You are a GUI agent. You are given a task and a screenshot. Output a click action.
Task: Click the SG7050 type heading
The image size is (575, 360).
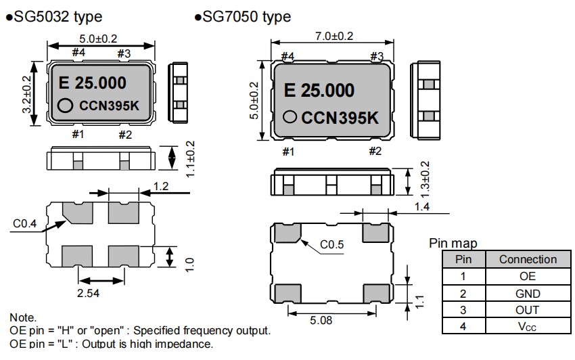coord(247,16)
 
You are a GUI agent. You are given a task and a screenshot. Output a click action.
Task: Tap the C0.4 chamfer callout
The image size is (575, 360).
coord(26,222)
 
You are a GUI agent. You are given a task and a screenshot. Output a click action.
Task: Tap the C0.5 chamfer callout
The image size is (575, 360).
coord(333,244)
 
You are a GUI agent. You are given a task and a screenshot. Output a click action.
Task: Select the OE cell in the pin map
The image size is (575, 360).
coord(528,276)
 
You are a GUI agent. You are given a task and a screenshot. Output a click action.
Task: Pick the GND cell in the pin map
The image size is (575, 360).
coord(528,293)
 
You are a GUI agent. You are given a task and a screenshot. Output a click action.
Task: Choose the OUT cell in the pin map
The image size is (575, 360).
coord(528,309)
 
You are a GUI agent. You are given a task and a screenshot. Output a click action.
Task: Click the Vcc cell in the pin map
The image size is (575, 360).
coord(528,326)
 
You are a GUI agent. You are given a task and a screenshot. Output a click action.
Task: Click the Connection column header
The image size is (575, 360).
coord(528,259)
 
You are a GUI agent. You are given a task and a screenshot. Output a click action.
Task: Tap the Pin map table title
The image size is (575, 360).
coord(453,243)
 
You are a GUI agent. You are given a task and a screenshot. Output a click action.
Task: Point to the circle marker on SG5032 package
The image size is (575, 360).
coord(65,105)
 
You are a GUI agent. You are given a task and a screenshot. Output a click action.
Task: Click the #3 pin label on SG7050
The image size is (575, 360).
coord(376,55)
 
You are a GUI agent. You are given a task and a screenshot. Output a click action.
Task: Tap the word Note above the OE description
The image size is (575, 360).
coord(23,317)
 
